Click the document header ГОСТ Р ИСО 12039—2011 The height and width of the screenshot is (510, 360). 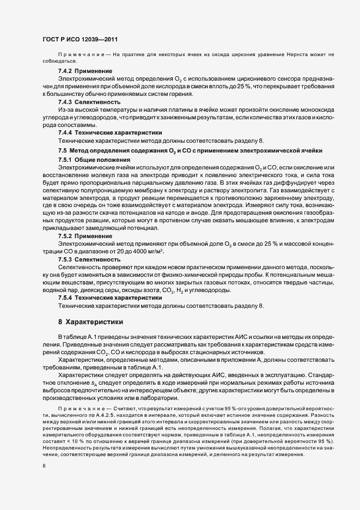pyautogui.click(x=80, y=40)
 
